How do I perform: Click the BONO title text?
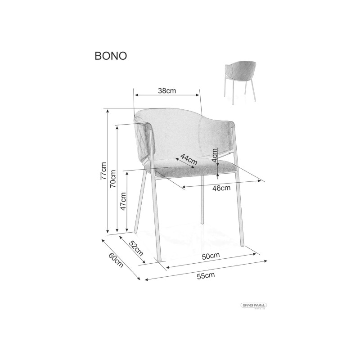[x=111, y=56]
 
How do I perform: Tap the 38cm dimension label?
[x=167, y=91]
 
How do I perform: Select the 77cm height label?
[x=103, y=171]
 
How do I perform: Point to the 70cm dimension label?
[x=113, y=179]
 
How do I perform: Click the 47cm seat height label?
[x=123, y=201]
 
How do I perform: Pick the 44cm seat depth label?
[x=189, y=159]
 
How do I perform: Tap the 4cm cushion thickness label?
[x=215, y=155]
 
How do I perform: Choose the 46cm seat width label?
[x=221, y=188]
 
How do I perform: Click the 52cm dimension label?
[x=136, y=248]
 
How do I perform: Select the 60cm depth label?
[x=116, y=260]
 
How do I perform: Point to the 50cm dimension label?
[x=211, y=256]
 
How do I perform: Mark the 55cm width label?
[x=206, y=275]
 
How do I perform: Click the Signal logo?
[x=254, y=306]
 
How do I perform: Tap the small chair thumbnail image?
[x=240, y=81]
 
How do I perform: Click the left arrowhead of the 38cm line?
[x=136, y=95]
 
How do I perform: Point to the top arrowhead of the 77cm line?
[x=108, y=111]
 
